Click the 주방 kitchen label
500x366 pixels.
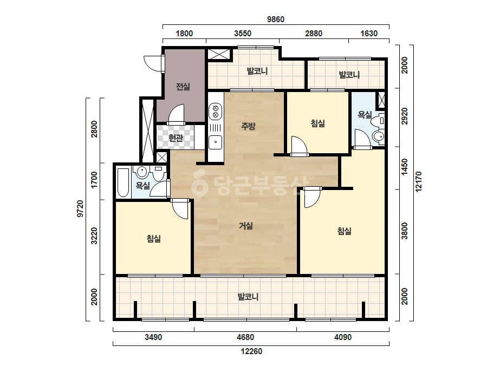pos(248,126)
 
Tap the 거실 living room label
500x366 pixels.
pos(246,226)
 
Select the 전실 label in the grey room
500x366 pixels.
pos(183,87)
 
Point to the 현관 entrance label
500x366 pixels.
pos(176,138)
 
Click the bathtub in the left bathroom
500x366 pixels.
pos(123,182)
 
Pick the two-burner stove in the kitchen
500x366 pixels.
pos(215,111)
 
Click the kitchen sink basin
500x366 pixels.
pos(215,142)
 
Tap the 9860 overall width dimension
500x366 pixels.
pos(276,19)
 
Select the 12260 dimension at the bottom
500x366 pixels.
pos(251,351)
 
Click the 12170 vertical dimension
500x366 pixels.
pos(419,182)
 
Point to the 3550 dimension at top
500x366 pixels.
pos(243,34)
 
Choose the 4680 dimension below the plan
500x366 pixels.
pos(245,337)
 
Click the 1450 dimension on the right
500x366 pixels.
pos(405,167)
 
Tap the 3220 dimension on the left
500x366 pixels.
pos(94,236)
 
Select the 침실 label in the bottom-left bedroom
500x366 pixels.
pos(154,238)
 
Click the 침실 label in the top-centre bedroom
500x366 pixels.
pos(318,123)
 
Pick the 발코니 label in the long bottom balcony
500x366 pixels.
pos(248,297)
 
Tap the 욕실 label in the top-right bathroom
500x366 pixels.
pos(365,114)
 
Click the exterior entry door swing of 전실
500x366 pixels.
pos(153,63)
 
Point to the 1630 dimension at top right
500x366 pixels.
pos(369,34)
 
